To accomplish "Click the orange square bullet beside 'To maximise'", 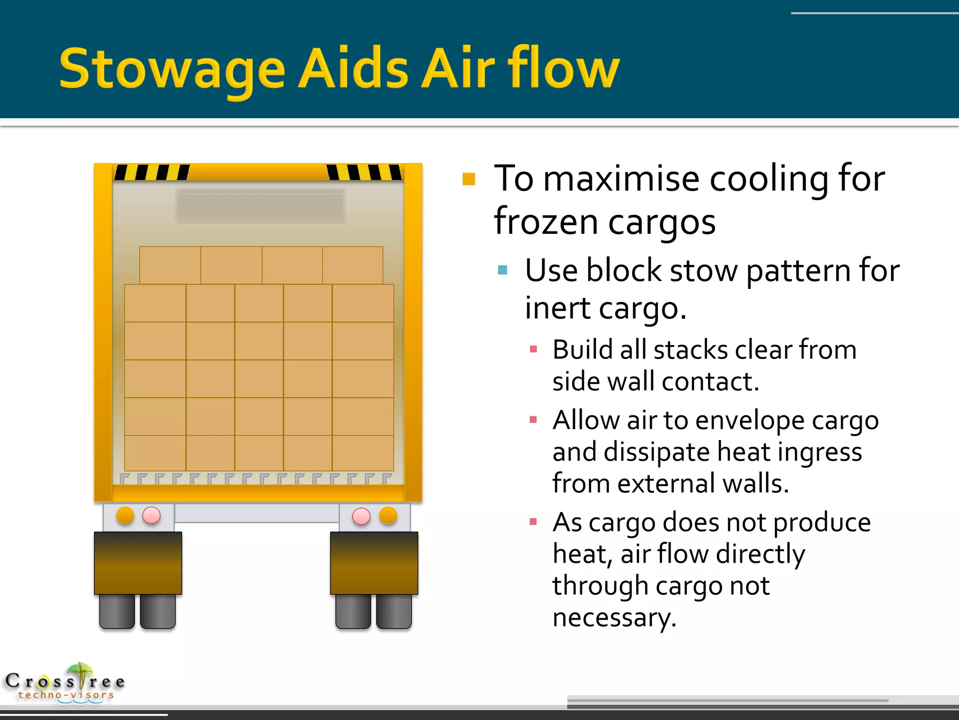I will (469, 180).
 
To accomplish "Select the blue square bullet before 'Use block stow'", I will (502, 270).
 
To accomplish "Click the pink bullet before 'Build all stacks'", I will (533, 349).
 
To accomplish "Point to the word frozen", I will (546, 221).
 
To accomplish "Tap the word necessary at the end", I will (614, 617).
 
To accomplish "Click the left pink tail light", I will (151, 515).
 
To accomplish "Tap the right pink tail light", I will (361, 516).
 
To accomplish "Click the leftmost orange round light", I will (125, 515).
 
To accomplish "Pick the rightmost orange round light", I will (388, 515).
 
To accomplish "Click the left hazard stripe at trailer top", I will (152, 172).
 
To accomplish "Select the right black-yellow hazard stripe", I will (364, 172).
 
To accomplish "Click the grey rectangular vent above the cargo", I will (260, 205).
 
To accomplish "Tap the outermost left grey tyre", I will (117, 611).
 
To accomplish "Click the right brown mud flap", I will (374, 563).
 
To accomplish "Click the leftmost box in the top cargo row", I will (170, 265).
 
